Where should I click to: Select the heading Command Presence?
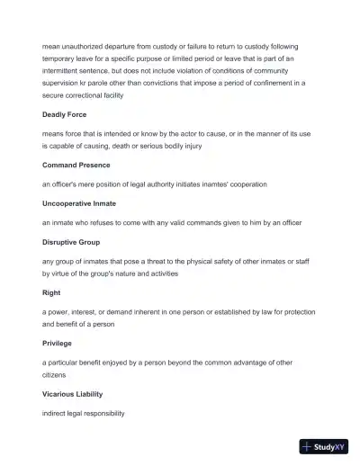click(76, 165)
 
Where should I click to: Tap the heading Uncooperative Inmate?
click(78, 203)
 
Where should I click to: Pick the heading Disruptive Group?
click(71, 242)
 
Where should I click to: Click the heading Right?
click(50, 292)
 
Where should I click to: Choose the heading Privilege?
click(58, 343)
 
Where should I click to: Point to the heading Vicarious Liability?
click(74, 394)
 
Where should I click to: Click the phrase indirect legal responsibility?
click(84, 413)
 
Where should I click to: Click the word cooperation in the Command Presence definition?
click(247, 184)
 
